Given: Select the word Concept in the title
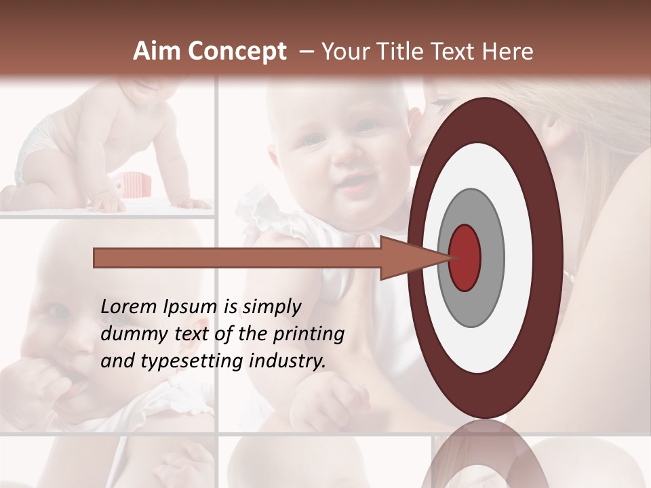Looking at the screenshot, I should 237,52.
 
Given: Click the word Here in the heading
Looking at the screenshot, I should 507,52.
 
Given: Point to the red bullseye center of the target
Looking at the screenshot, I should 465,258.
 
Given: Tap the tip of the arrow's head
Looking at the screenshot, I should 450,258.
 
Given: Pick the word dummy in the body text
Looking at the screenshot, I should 132,335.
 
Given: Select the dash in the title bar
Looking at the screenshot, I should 306,52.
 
